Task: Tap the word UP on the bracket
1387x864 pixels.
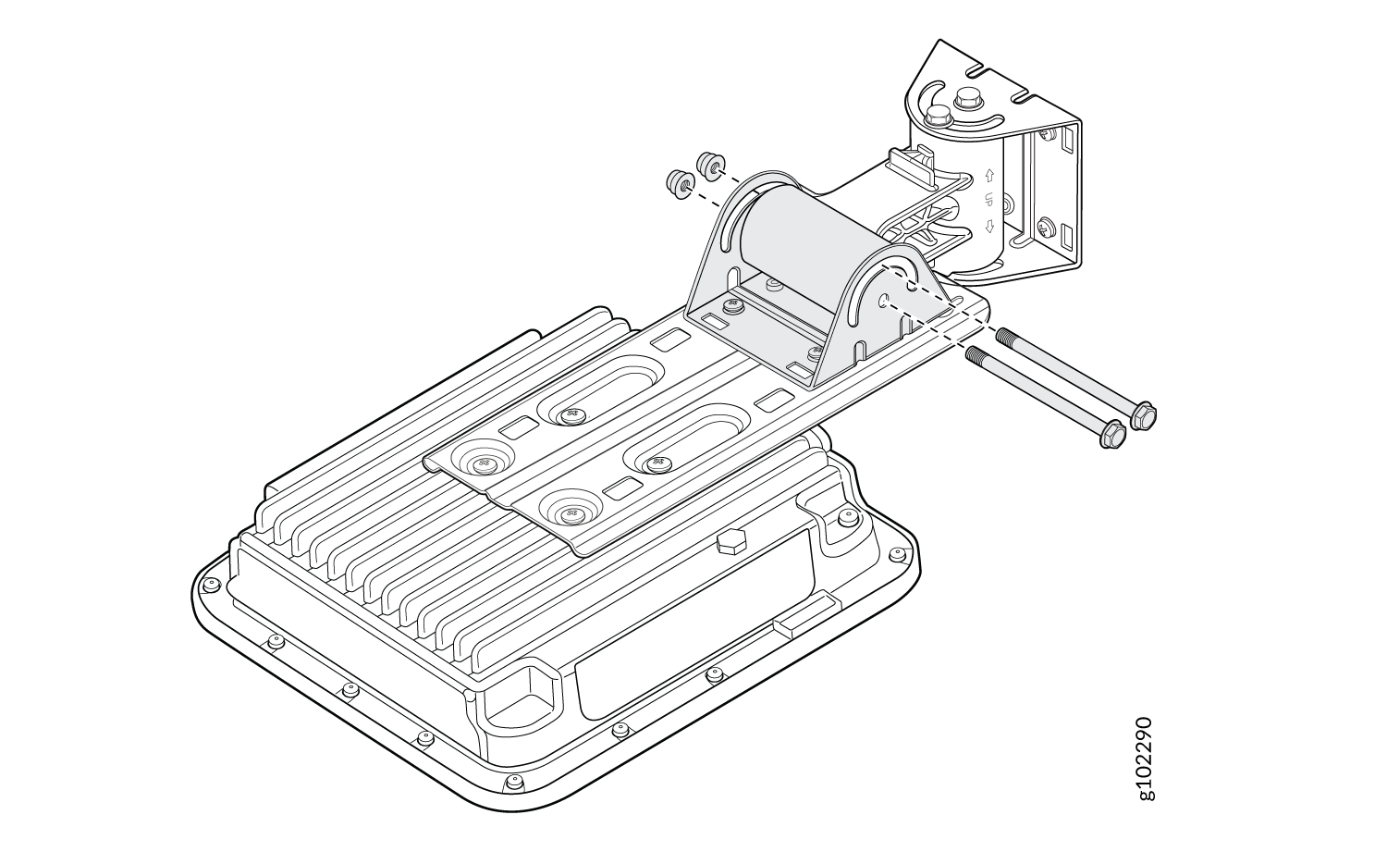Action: [x=989, y=200]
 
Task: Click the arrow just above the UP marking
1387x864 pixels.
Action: [x=989, y=175]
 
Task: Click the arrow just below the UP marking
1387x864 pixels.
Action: [x=989, y=226]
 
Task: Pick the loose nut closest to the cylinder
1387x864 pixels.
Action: [x=708, y=166]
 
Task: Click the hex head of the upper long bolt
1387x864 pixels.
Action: [x=1143, y=415]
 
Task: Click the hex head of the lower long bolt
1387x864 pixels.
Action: [x=1112, y=434]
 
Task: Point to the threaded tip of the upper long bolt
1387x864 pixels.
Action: [x=1003, y=337]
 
